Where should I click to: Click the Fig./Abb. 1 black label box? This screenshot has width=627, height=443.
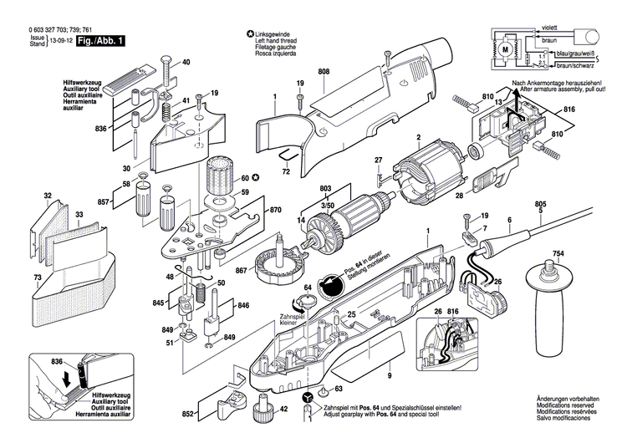coord(101,39)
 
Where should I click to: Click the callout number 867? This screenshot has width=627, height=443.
coord(241,270)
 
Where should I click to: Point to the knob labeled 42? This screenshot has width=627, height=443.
coord(261,409)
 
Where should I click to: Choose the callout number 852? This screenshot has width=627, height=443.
coord(189,414)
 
